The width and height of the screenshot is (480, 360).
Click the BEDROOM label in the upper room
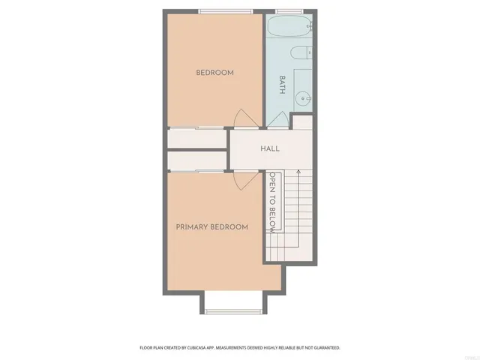(x=214, y=73)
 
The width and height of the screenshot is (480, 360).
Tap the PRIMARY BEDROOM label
(x=211, y=226)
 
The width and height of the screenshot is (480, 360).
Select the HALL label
(x=270, y=148)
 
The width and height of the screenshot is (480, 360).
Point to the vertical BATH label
(x=283, y=83)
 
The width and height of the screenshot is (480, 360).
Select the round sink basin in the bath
(x=303, y=97)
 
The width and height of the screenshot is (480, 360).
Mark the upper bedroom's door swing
(x=245, y=119)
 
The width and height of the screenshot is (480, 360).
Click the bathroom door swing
(x=278, y=120)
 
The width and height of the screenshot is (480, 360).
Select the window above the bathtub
(x=289, y=10)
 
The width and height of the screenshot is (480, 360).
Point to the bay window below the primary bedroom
(x=231, y=310)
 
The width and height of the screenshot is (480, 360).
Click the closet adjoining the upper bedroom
(x=196, y=139)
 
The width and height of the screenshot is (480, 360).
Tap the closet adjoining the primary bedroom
(x=196, y=160)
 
